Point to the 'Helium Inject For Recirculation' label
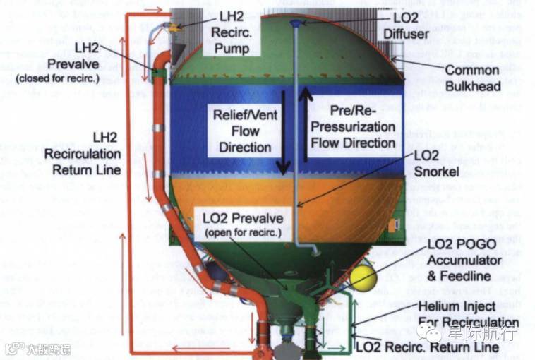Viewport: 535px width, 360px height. coord(468,314)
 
